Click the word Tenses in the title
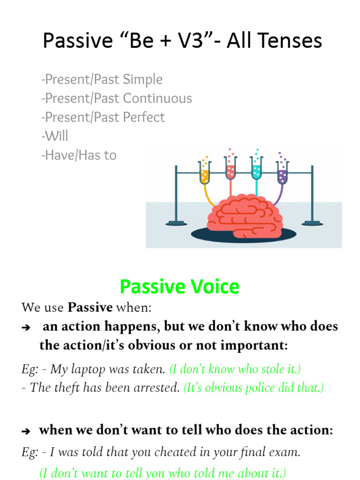pyautogui.click(x=292, y=41)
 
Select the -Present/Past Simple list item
pyautogui.click(x=102, y=80)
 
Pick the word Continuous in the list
pyautogui.click(x=157, y=98)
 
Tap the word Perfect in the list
pyautogui.click(x=142, y=117)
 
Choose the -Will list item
pyautogui.click(x=55, y=136)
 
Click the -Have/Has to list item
pyautogui.click(x=79, y=155)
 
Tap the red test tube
pyautogui.click(x=230, y=169)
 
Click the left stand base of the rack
pyautogui.click(x=176, y=223)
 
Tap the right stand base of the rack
pyautogui.click(x=312, y=223)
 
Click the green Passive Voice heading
pyautogui.click(x=179, y=286)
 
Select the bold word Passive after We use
pyautogui.click(x=90, y=307)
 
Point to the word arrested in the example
pyautogui.click(x=158, y=388)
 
